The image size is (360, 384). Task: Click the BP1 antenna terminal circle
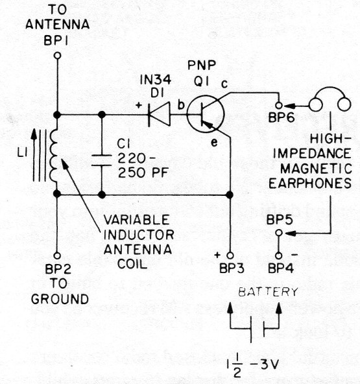pyautogui.click(x=57, y=56)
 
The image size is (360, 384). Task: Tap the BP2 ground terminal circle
pyautogui.click(x=57, y=256)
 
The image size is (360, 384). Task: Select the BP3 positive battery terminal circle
pyautogui.click(x=230, y=256)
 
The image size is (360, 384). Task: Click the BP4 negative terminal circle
pyautogui.click(x=279, y=256)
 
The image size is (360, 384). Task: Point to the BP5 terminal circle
pyautogui.click(x=279, y=233)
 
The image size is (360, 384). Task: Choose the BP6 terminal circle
pyautogui.click(x=279, y=105)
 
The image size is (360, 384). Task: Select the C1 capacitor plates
pyautogui.click(x=101, y=160)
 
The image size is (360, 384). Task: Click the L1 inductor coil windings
pyautogui.click(x=53, y=155)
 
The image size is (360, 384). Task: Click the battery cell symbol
pyautogui.click(x=257, y=329)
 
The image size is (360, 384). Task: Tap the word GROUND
pyautogui.click(x=60, y=299)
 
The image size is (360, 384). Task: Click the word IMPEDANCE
pyautogui.click(x=312, y=154)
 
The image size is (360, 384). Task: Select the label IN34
pyautogui.click(x=156, y=80)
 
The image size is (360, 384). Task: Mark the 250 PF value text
pyautogui.click(x=143, y=173)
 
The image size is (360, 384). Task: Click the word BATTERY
pyautogui.click(x=268, y=292)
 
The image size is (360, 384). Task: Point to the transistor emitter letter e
pyautogui.click(x=214, y=142)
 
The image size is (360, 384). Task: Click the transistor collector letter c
pyautogui.click(x=224, y=84)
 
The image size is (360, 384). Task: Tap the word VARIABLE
pyautogui.click(x=136, y=220)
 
